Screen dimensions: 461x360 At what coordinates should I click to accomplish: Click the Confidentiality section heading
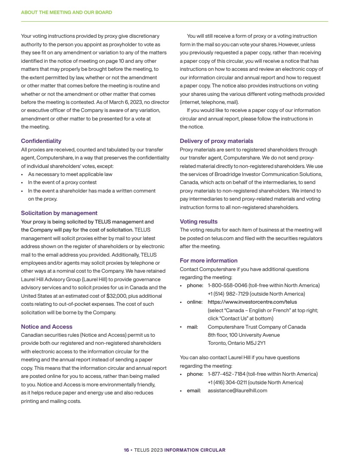click(x=41, y=141)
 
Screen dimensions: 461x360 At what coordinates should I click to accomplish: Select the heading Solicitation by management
click(x=59, y=213)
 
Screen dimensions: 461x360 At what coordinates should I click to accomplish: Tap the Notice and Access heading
click(x=47, y=327)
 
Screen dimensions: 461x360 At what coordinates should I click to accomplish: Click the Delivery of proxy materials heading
click(x=216, y=141)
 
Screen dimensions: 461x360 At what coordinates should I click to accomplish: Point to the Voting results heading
click(x=198, y=221)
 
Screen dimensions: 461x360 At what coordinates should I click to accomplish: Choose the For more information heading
click(x=209, y=260)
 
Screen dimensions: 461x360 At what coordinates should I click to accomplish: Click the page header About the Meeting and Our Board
click(x=67, y=12)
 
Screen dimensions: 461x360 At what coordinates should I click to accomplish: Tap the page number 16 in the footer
click(x=126, y=450)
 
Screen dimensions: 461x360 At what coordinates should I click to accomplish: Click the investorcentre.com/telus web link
click(x=252, y=302)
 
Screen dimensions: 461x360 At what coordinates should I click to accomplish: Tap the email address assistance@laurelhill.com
click(x=237, y=391)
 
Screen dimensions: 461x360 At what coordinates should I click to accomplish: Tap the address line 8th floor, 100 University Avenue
click(x=243, y=335)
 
